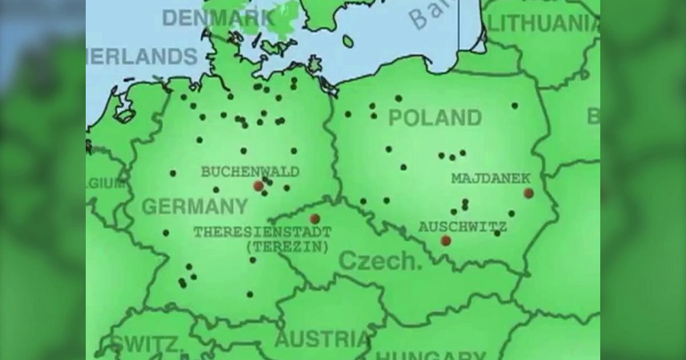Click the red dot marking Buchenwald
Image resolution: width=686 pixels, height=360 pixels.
(258, 186)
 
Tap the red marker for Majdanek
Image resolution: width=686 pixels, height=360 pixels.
(528, 193)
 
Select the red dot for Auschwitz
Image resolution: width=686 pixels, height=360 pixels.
(446, 241)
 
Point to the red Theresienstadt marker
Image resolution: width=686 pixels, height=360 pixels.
(314, 218)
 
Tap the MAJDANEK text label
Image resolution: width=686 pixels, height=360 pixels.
(490, 178)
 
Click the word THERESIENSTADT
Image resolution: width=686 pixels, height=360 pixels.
(262, 233)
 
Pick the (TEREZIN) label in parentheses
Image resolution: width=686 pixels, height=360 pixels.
(288, 247)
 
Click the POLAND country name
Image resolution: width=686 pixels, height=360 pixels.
(434, 118)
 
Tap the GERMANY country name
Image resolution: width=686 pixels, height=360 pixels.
(194, 206)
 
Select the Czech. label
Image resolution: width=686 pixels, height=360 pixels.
(380, 261)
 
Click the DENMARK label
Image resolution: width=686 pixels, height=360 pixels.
(218, 18)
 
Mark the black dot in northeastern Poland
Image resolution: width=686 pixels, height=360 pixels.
(514, 105)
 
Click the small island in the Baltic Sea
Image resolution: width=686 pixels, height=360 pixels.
(348, 41)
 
